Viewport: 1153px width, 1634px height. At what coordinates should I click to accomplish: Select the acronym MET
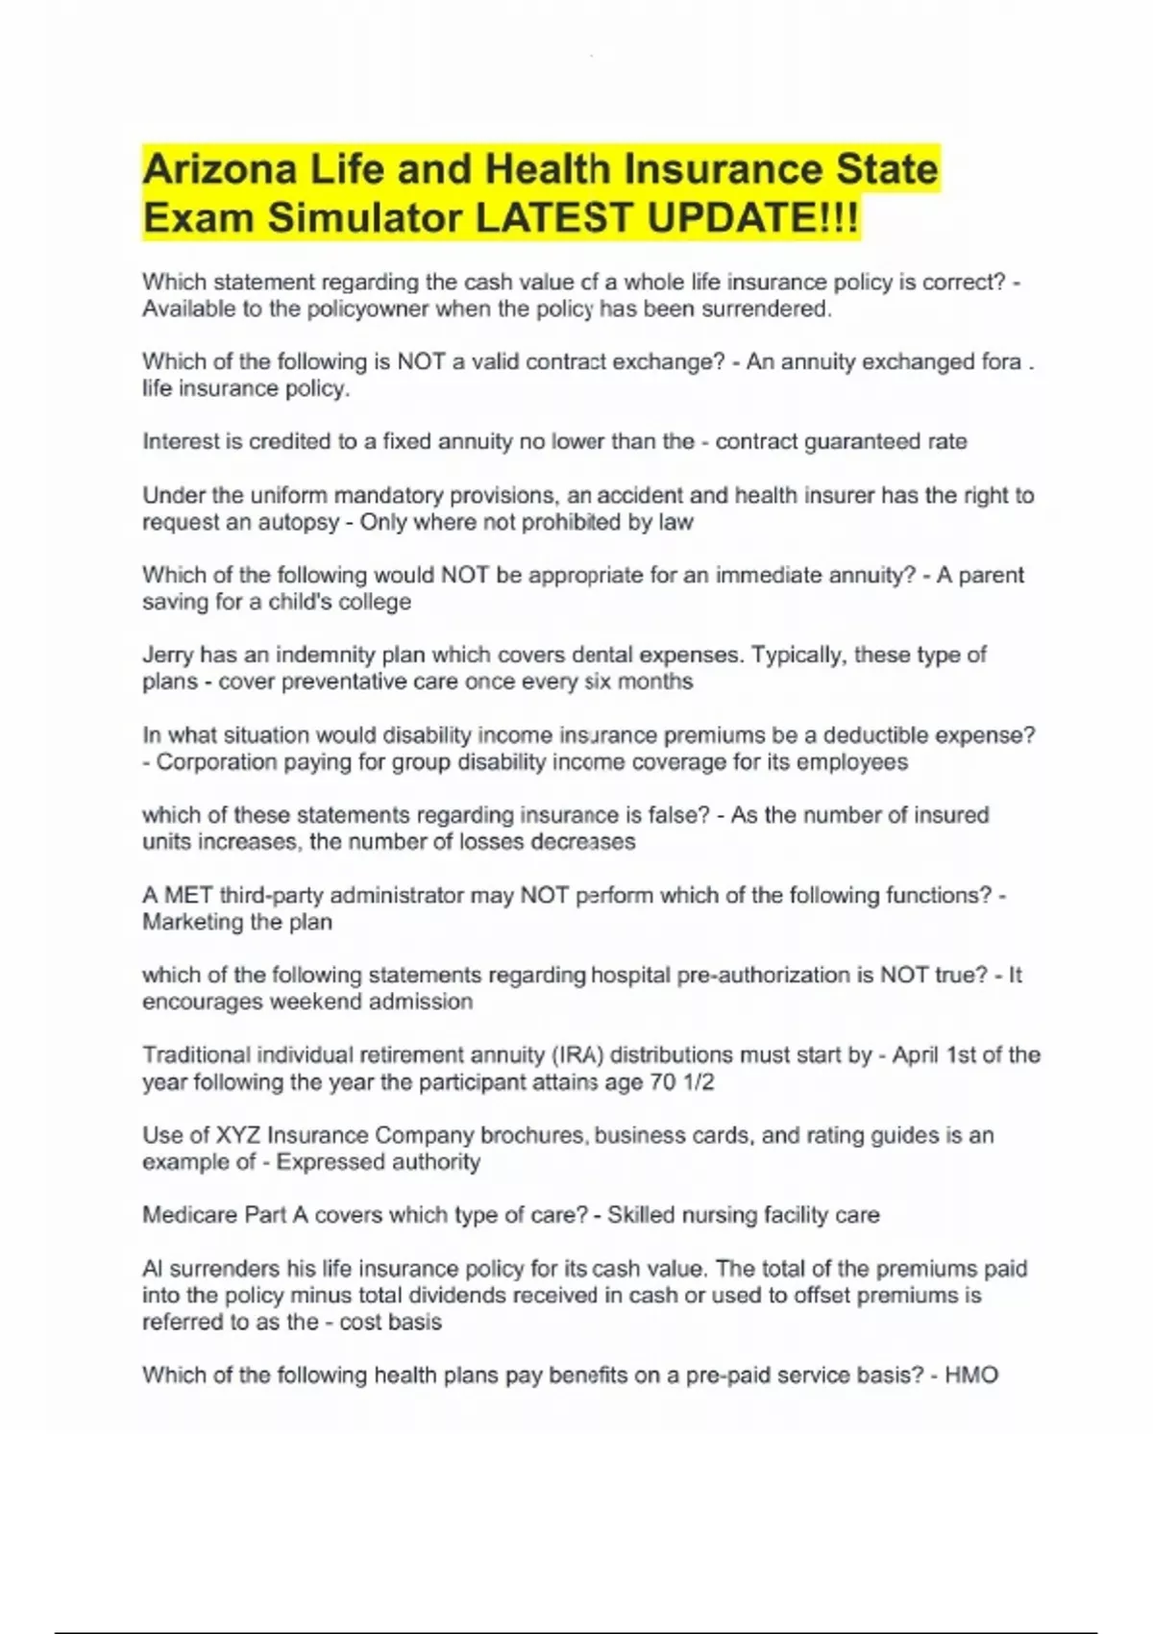click(188, 895)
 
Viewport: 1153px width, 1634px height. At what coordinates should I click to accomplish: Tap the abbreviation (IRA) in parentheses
click(576, 1055)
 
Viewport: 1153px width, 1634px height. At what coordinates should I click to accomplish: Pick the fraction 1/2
click(698, 1082)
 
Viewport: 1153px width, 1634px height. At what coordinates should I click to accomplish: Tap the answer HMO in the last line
click(971, 1375)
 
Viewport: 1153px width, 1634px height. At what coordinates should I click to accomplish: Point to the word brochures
click(532, 1135)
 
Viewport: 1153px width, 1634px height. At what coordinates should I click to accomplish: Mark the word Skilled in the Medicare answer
click(641, 1215)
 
